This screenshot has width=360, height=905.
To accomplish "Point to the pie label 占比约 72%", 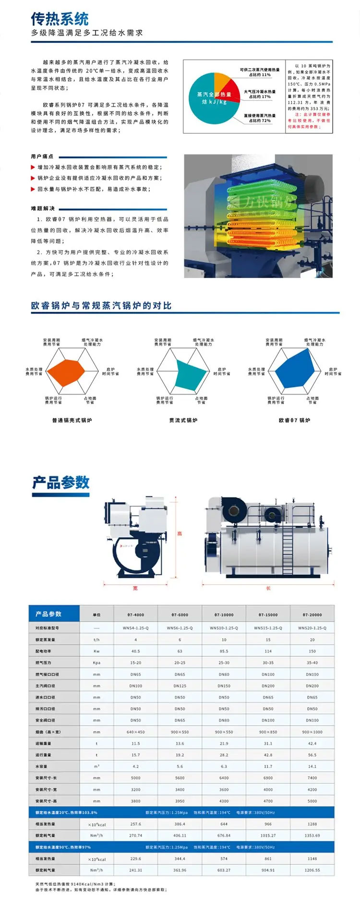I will coord(260,121).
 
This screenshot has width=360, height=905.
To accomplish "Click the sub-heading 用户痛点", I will coord(42,157).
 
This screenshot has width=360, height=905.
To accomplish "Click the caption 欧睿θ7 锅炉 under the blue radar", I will coord(294,420).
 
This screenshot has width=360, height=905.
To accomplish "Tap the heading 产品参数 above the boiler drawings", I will coord(61,482).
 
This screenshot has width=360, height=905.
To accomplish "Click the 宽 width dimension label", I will coord(135,588).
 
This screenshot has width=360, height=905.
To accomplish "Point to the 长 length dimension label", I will coord(268,588).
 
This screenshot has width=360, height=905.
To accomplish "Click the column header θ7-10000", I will coord(224,615).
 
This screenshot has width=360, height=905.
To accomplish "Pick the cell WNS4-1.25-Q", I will coord(135,628).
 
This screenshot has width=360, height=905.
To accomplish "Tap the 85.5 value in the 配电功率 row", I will coord(224,651).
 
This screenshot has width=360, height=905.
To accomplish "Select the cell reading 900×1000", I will coord(312,732).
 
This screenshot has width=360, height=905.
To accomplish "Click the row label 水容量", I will coord(41,766).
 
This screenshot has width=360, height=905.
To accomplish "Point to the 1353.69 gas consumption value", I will coord(312,835).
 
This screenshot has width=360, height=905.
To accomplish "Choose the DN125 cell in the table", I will coord(180,686).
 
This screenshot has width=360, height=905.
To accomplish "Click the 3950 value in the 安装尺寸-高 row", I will coord(180,801).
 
